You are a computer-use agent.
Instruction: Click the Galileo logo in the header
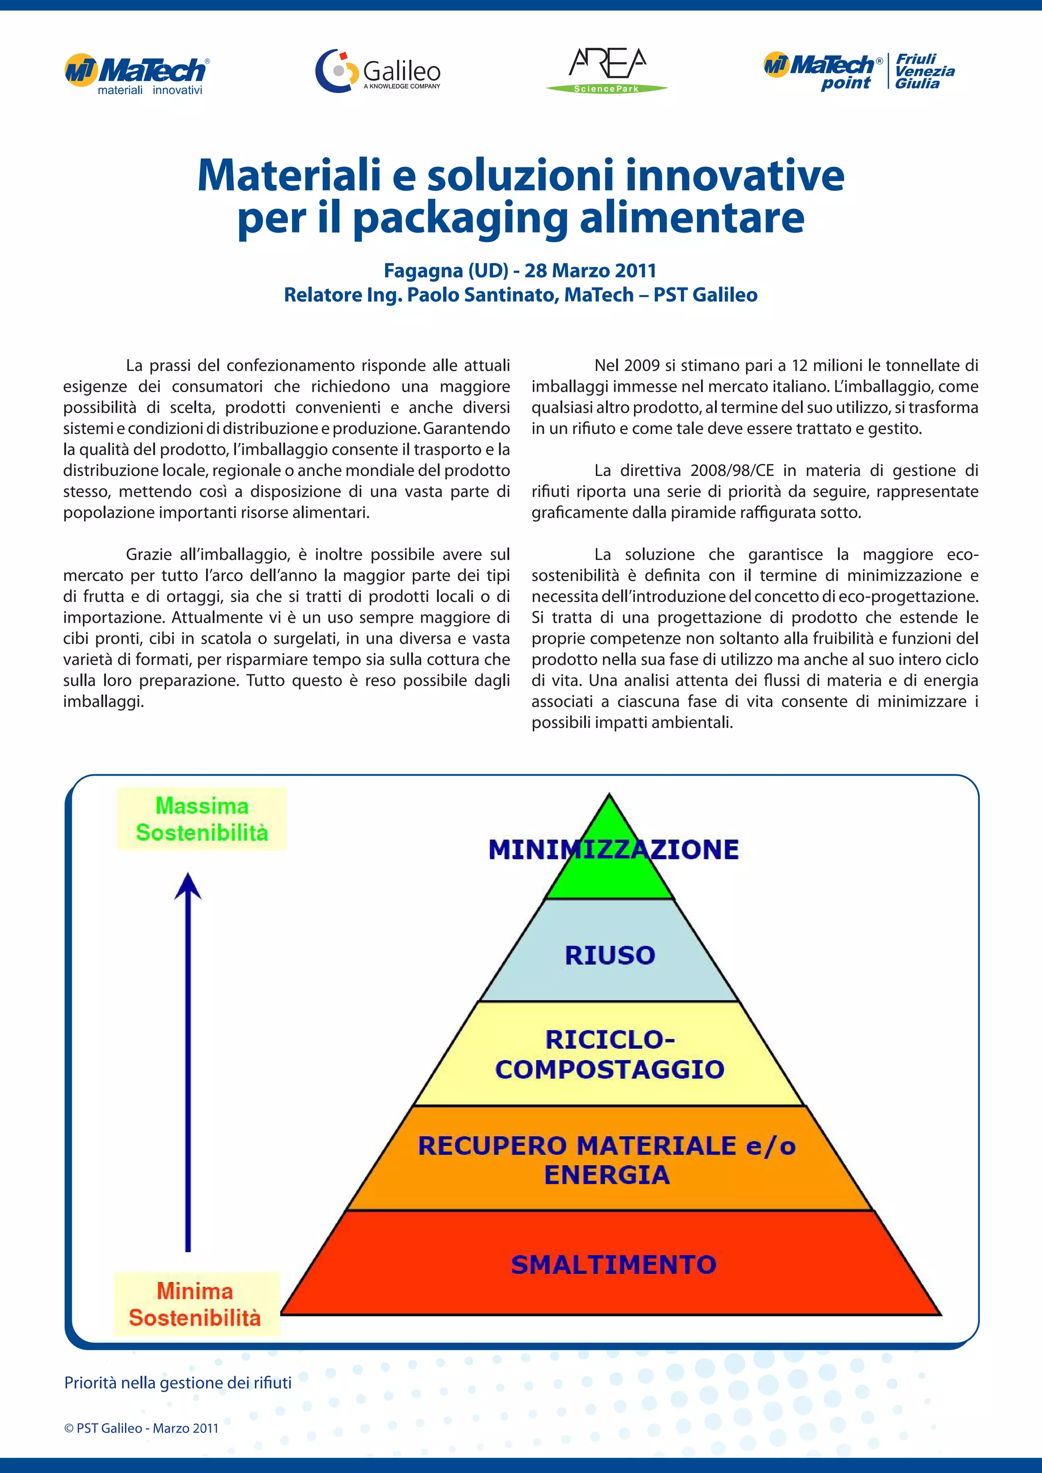pos(379,71)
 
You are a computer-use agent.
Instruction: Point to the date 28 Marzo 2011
pos(590,271)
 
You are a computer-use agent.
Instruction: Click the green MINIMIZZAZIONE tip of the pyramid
pos(610,860)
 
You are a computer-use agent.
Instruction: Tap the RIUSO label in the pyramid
pos(610,955)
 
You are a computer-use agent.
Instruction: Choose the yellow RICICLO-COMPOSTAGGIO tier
pos(610,1054)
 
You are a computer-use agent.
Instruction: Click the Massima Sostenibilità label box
pos(202,819)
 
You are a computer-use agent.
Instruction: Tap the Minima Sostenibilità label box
pos(196,1304)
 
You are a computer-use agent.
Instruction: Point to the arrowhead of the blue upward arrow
pos(188,886)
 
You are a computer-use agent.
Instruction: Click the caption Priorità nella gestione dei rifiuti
pos(178,1382)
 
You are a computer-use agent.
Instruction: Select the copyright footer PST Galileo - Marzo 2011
pos(141,1428)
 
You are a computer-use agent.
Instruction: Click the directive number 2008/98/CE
pos(732,470)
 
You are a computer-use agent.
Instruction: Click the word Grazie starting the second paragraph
pos(151,554)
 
